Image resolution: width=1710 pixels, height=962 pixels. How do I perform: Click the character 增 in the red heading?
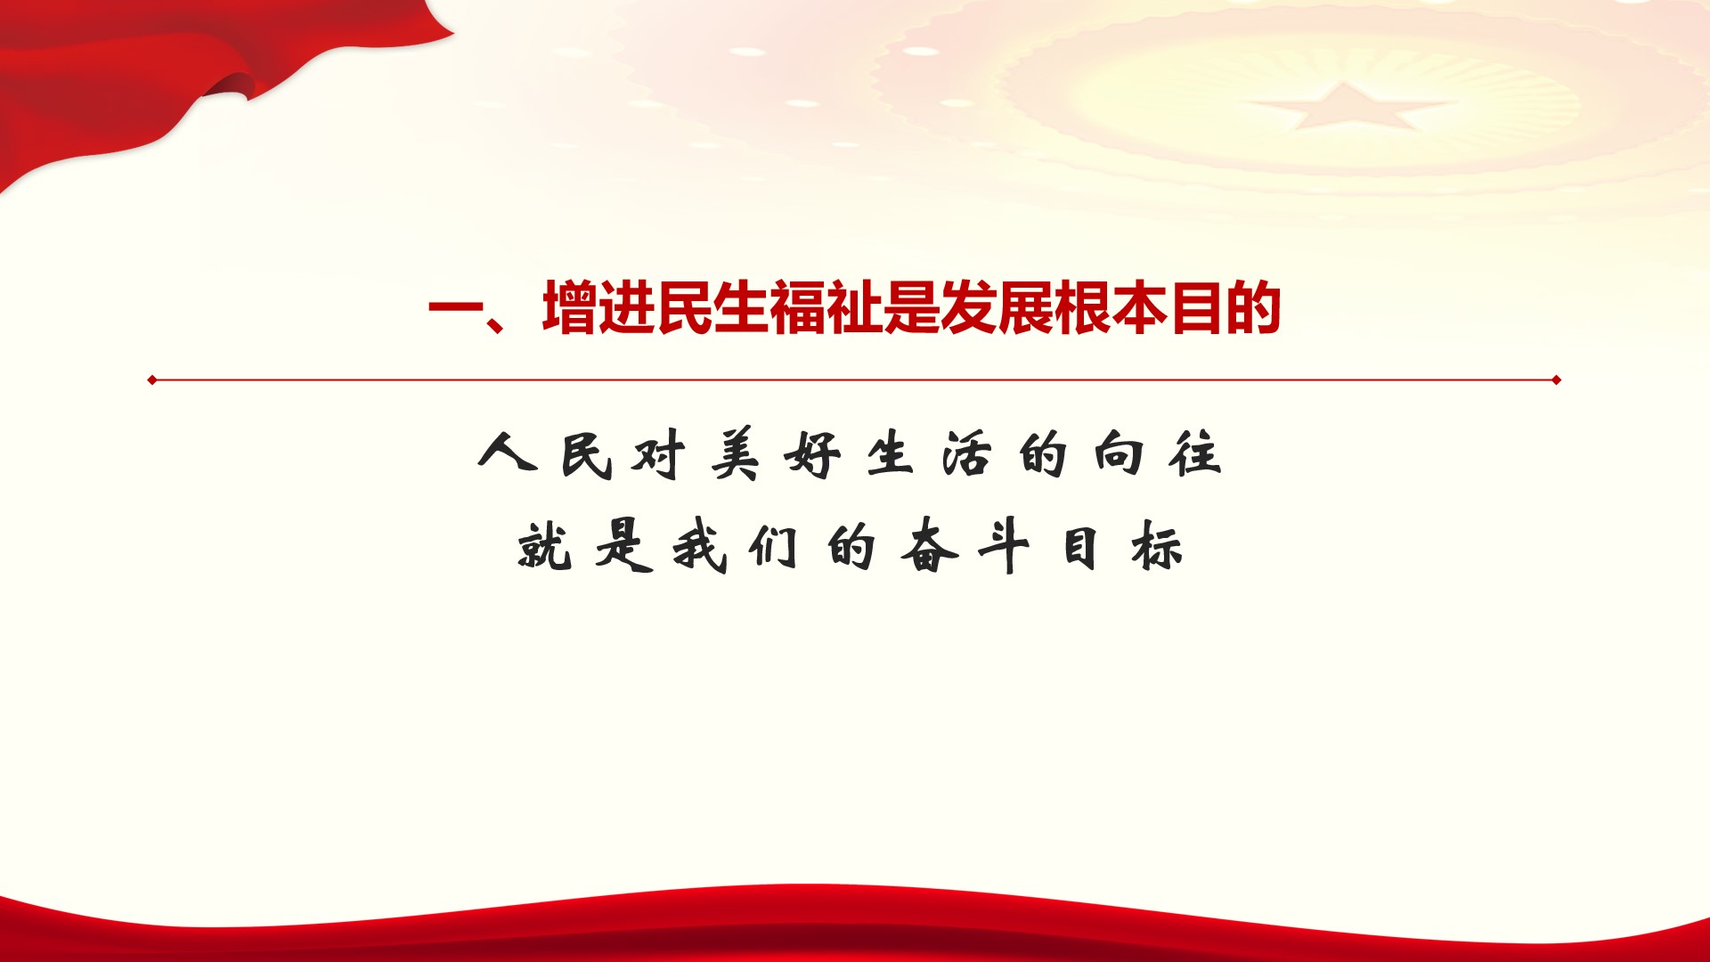click(x=570, y=308)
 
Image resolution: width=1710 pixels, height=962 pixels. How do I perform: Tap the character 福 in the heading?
click(x=798, y=308)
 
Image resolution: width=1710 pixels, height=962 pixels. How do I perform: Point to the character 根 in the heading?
click(x=1083, y=308)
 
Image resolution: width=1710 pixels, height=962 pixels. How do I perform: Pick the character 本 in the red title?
click(x=1140, y=308)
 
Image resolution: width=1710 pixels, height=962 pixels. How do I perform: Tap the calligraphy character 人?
click(x=508, y=452)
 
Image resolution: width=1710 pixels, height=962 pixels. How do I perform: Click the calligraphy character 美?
click(x=736, y=454)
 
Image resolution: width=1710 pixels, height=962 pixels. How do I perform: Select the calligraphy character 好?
click(x=812, y=455)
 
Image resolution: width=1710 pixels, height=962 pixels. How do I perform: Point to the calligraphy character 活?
click(x=966, y=454)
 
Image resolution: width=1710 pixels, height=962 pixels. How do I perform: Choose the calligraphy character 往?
click(x=1195, y=453)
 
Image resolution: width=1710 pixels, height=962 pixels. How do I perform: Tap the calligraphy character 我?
click(x=699, y=546)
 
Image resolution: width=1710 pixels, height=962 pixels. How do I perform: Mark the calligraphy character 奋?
click(x=929, y=544)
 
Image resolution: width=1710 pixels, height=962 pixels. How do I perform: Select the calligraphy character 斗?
click(x=1005, y=546)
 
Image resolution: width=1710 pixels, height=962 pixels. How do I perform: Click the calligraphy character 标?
click(x=1157, y=546)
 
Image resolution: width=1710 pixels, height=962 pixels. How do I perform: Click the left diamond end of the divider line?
click(x=152, y=380)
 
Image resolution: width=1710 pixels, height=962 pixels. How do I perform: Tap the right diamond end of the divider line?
click(x=1556, y=380)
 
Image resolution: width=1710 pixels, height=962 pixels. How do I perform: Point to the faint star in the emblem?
click(x=1346, y=105)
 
